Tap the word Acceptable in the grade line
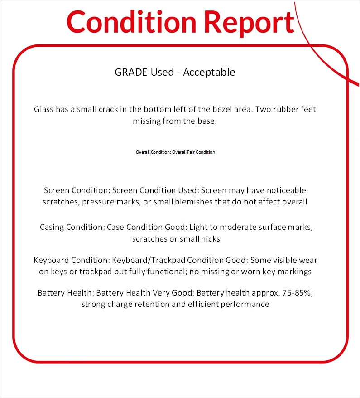(x=209, y=72)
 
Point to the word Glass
(x=43, y=109)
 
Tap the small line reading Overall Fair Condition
(x=193, y=152)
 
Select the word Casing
(x=52, y=227)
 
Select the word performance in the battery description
(x=245, y=304)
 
